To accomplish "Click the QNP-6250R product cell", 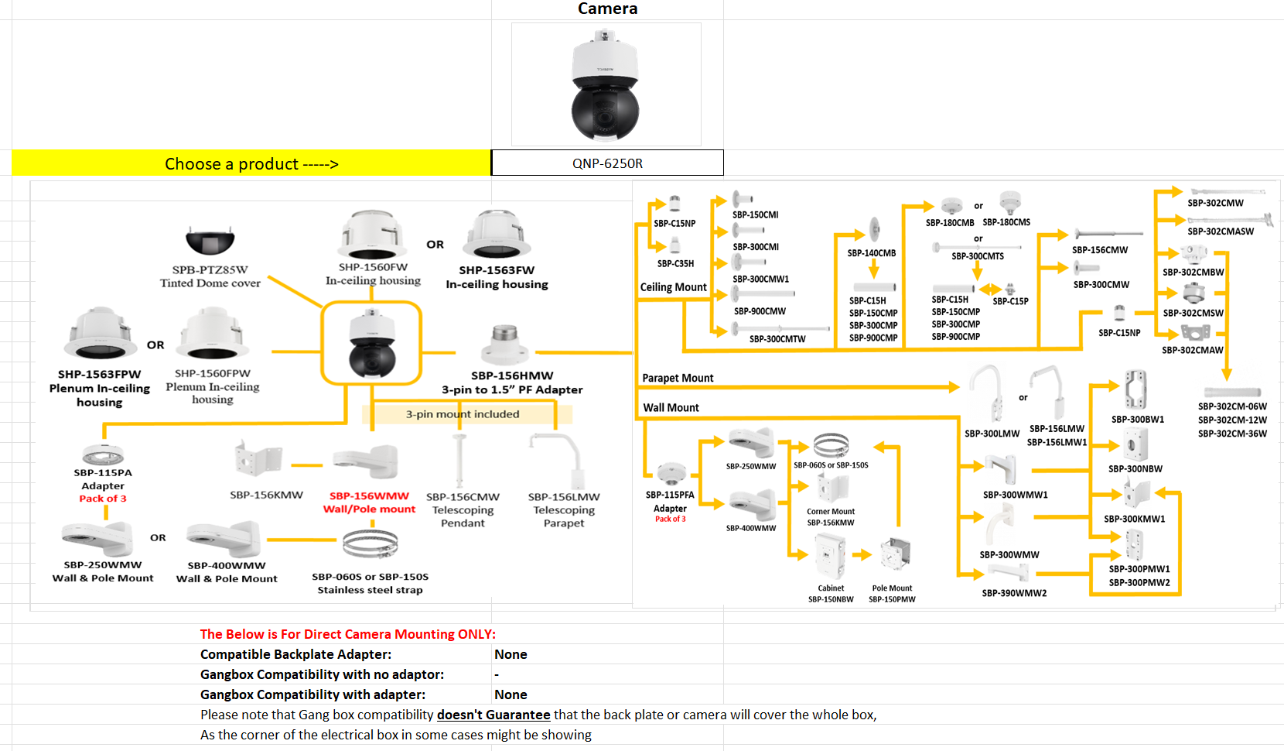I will (607, 163).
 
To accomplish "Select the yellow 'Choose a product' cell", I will (251, 163).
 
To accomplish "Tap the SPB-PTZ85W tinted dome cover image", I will (210, 242).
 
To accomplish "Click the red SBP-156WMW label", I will (369, 496).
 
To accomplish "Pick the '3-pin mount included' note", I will (463, 414).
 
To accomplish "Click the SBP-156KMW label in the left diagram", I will (266, 495).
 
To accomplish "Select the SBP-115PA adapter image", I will (103, 454).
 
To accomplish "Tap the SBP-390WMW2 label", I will (1014, 593).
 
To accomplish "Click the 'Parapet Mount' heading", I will (678, 378).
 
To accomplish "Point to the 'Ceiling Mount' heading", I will (673, 287).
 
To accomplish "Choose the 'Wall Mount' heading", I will (671, 407).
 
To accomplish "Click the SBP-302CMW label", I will (1215, 203).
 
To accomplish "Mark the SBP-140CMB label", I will (871, 253).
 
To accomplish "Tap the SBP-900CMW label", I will (760, 311).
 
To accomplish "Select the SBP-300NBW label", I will (1135, 468).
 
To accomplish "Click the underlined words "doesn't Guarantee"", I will (493, 715).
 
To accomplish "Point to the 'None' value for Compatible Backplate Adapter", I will (511, 654).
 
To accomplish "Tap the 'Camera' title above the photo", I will (607, 9).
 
